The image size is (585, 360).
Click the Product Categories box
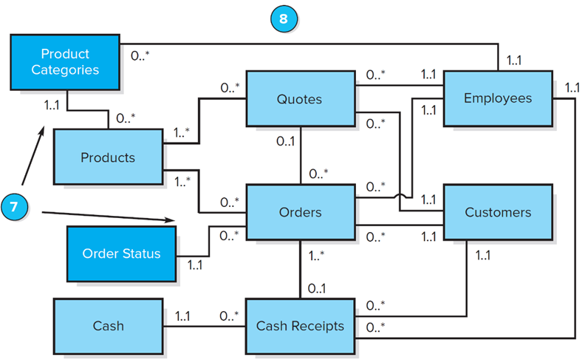(64, 62)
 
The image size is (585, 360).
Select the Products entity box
(108, 157)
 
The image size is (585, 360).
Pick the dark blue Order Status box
(121, 254)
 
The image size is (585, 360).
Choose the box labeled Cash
(108, 325)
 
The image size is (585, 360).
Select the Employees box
(497, 98)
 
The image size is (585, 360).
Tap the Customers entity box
(497, 212)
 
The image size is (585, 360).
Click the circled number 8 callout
(283, 18)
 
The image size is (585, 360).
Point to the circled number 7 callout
(16, 206)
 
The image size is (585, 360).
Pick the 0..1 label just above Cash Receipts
(318, 288)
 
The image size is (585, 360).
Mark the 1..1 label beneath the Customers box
(483, 256)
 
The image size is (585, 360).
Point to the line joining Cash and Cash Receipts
(204, 325)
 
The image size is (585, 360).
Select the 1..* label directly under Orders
(318, 257)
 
